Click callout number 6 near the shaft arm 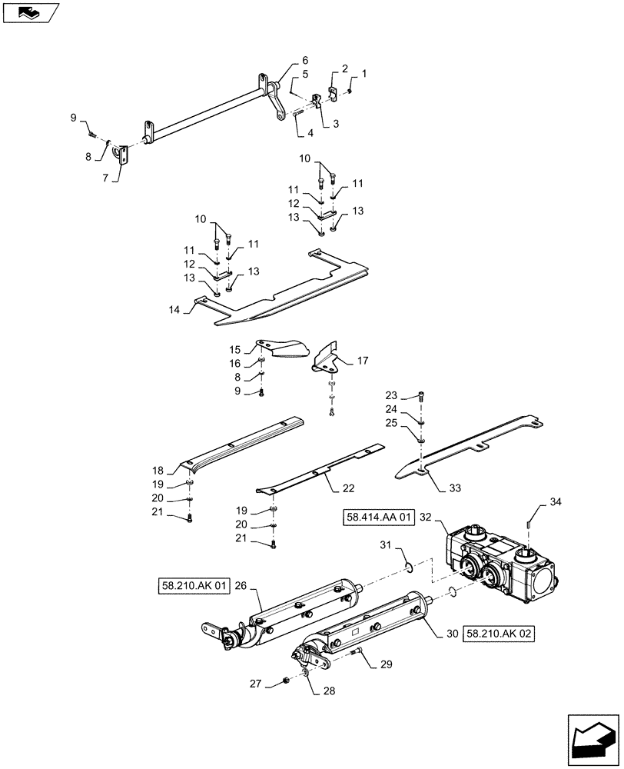point(305,60)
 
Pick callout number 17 point(363,359)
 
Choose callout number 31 point(385,545)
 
